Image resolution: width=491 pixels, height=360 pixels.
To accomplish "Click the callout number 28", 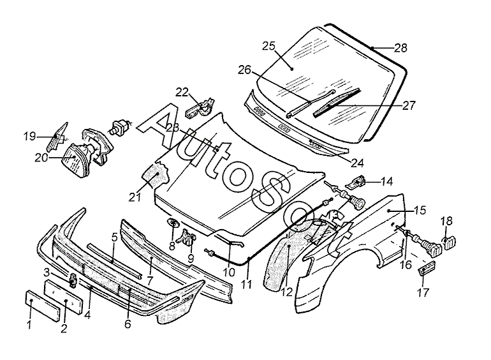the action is pos(400,49).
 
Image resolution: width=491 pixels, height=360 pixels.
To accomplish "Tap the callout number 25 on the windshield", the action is pos(268,46).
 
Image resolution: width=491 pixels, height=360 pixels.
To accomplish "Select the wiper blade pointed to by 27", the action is pos(337,102).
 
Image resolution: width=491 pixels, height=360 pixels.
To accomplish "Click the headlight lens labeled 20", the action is pos(76,160).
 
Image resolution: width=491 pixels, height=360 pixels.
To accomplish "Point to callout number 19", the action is pos(30,137).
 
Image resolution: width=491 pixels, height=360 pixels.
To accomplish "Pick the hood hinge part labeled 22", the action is pos(200,107).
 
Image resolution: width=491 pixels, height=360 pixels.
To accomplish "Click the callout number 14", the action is pos(386,181).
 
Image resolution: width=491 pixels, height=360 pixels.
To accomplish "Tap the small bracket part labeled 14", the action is pos(357,182).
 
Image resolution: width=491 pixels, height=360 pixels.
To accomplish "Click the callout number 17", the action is pos(423,293).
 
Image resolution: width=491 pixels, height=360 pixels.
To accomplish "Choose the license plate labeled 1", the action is pos(41,306).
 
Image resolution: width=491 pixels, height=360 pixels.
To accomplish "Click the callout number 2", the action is pos(64,329).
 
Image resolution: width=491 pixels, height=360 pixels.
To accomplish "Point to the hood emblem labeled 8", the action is pos(173,223).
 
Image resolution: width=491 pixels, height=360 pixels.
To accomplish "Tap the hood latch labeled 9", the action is pos(187,237).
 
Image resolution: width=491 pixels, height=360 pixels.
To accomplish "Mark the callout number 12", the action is pos(286,292).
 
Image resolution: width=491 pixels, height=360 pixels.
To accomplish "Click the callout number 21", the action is pos(135,197).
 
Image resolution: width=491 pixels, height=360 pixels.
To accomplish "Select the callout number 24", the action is pos(357,163).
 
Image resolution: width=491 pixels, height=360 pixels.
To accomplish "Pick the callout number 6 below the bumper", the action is pos(128,324).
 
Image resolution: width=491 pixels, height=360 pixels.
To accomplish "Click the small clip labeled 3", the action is pos(73,280).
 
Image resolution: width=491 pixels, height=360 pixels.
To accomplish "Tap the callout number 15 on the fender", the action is pos(420,210).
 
